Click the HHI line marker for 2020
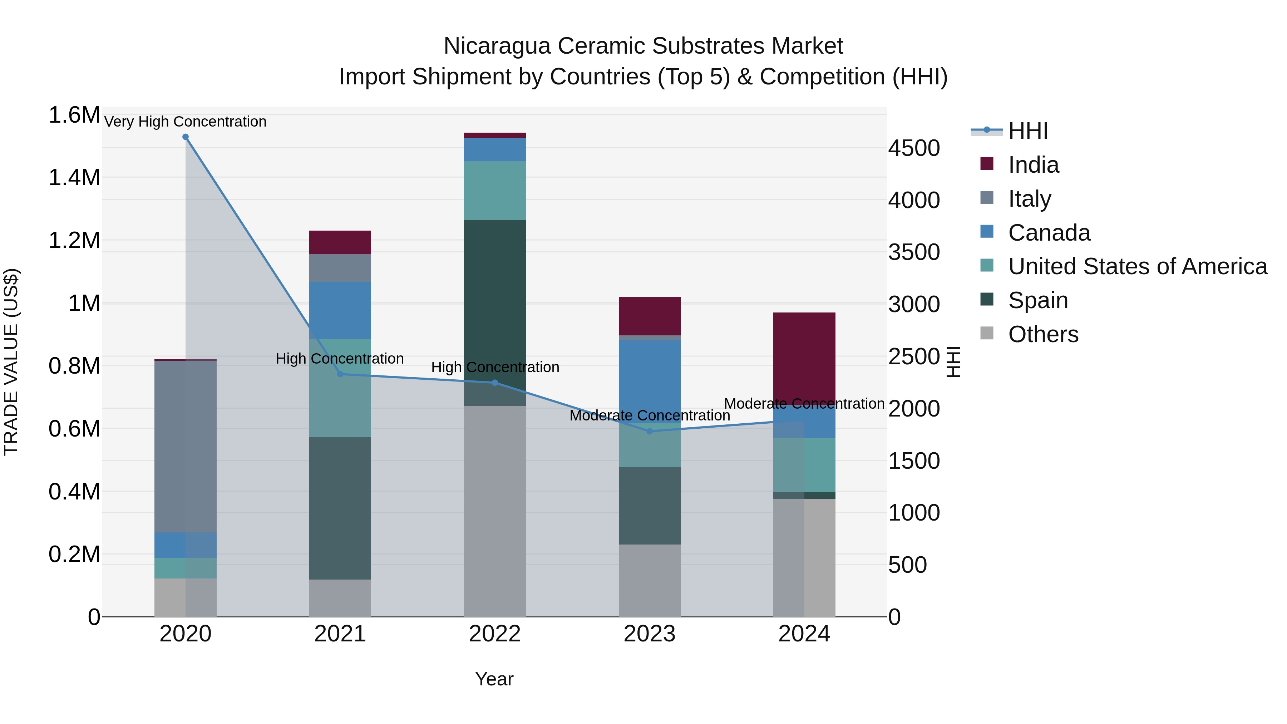(x=185, y=137)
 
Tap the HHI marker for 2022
(x=495, y=383)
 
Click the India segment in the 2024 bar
(x=804, y=355)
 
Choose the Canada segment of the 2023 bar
(x=650, y=380)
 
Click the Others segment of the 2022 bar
(x=495, y=509)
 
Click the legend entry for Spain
(x=1038, y=300)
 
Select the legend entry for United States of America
(x=1137, y=266)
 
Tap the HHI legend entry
(x=1028, y=131)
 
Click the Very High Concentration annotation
(x=185, y=122)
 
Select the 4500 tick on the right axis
(x=914, y=148)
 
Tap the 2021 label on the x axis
(x=340, y=634)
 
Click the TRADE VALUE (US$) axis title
(x=11, y=362)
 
